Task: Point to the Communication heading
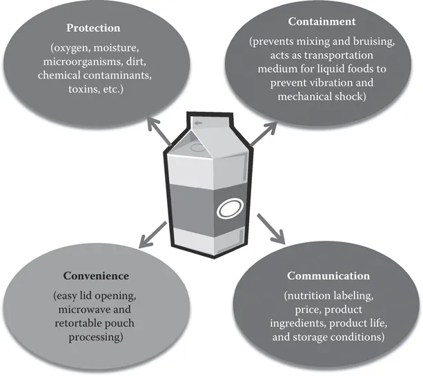pyautogui.click(x=318, y=276)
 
